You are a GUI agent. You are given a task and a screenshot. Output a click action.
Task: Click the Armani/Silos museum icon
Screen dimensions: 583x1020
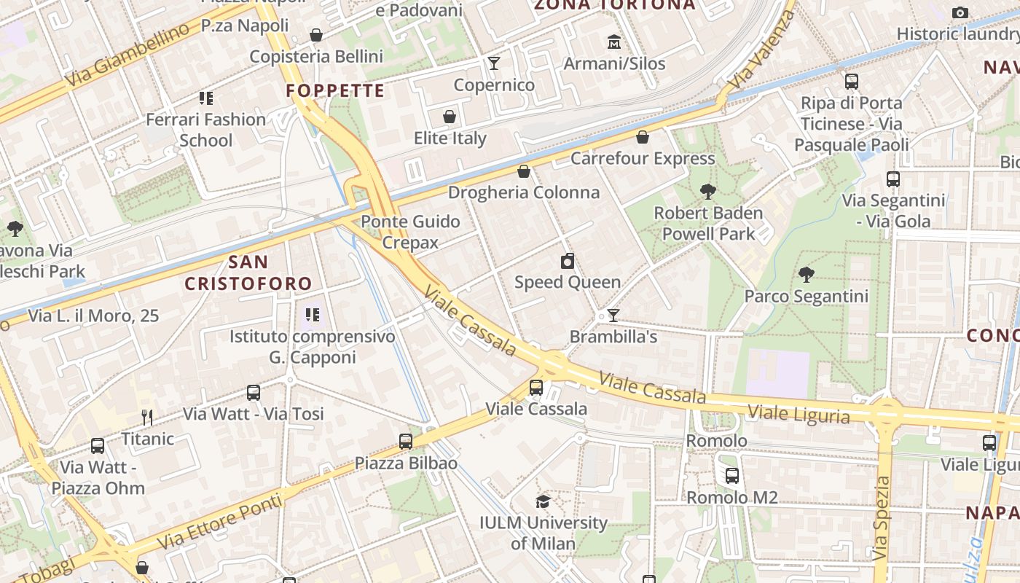click(613, 42)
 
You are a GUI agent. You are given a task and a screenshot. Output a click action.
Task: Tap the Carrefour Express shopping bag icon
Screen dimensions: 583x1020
click(643, 137)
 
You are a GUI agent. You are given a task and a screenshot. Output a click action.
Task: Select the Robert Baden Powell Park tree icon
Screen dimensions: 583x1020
click(707, 192)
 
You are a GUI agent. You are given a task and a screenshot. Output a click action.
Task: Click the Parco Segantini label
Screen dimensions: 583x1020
click(806, 297)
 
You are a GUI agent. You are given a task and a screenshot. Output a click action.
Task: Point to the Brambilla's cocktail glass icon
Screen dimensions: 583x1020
click(613, 315)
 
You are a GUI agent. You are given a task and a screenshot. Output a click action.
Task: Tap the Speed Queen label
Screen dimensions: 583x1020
click(568, 282)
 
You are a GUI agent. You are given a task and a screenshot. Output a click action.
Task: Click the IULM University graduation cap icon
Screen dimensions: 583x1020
click(543, 501)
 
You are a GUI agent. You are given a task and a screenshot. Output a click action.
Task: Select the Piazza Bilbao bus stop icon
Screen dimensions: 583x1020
click(406, 441)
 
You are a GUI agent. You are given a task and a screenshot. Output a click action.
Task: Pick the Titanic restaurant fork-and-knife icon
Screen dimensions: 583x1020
click(147, 418)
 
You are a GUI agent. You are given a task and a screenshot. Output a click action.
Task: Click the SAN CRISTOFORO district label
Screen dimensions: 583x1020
click(248, 273)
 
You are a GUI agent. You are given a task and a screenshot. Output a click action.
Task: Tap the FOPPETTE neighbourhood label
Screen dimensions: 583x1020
click(335, 90)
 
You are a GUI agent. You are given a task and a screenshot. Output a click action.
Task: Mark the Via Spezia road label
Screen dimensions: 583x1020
click(882, 518)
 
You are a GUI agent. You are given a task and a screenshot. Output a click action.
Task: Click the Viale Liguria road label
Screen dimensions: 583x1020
click(799, 414)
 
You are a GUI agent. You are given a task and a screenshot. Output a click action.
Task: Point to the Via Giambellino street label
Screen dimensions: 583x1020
click(127, 55)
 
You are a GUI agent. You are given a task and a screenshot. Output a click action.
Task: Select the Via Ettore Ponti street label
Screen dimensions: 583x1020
click(219, 524)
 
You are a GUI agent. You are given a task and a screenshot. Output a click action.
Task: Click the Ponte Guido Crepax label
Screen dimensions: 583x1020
click(410, 232)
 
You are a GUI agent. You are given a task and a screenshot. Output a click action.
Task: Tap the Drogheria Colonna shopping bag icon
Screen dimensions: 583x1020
click(523, 171)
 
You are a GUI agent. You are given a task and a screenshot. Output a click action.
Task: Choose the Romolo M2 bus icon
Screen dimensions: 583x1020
click(732, 476)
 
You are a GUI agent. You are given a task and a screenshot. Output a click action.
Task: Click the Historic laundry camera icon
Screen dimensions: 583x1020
click(960, 12)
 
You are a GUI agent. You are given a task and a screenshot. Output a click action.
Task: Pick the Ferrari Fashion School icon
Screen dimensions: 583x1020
click(206, 98)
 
